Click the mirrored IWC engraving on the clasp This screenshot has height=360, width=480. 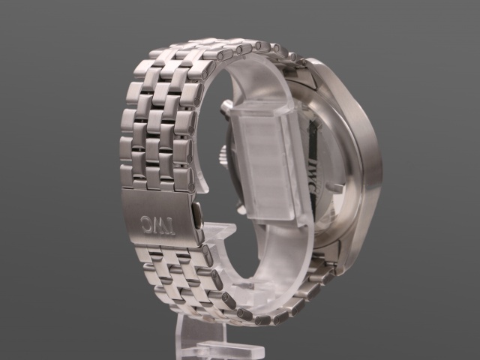(157, 225)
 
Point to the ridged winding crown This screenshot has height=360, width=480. (223, 154)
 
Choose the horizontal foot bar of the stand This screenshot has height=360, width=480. (230, 348)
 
